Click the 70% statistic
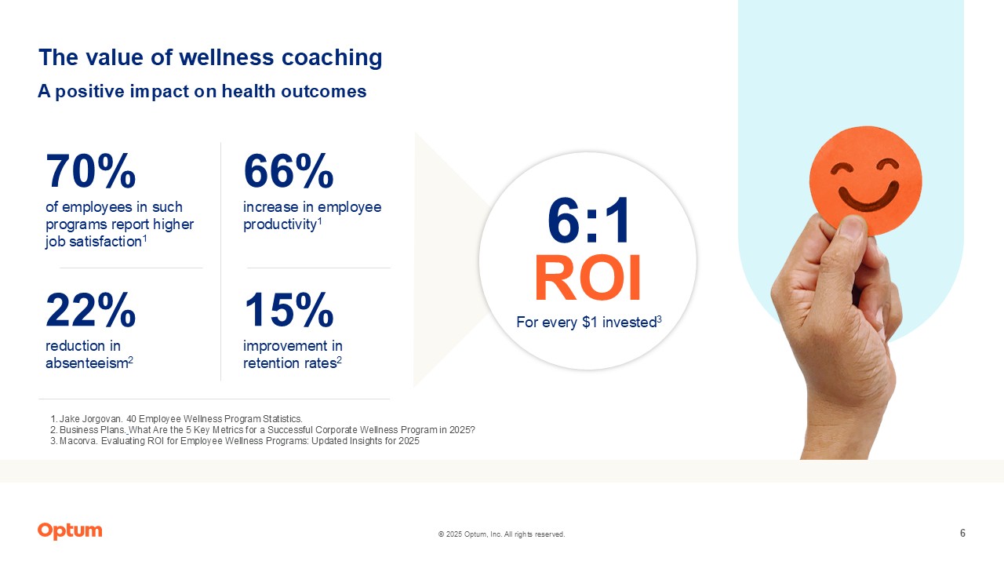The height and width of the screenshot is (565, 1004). tap(90, 172)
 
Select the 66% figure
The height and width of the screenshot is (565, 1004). tap(288, 172)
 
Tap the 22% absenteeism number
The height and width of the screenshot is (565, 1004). tap(90, 311)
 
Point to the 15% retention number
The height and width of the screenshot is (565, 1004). tap(288, 311)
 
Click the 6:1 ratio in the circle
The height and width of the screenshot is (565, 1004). tap(588, 221)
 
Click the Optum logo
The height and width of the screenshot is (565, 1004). tap(70, 531)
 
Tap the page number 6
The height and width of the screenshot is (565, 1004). tap(962, 534)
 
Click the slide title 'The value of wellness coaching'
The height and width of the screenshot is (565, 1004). tap(210, 57)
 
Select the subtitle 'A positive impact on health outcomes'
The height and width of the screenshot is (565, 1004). tap(202, 91)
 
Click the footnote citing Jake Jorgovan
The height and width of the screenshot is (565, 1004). tap(176, 419)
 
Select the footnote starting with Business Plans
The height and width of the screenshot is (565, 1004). tap(263, 430)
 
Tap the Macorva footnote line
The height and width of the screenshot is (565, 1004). tap(235, 441)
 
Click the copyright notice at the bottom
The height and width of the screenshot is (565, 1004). tap(501, 534)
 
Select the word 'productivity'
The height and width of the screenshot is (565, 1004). tap(279, 224)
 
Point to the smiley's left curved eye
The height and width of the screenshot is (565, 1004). tap(843, 169)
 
